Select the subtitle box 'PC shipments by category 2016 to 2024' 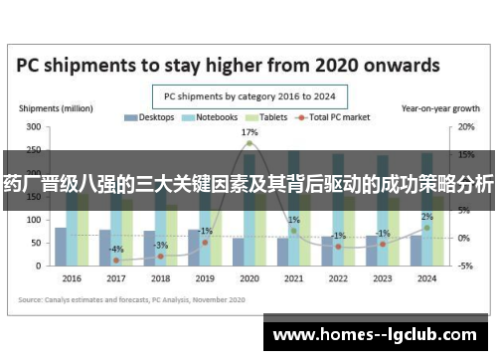tap(248, 96)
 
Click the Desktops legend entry tap(148, 117)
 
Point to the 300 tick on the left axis tap(34, 127)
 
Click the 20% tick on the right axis tap(465, 127)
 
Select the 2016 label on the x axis tap(72, 278)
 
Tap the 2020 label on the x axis tap(248, 278)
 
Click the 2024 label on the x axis tap(426, 278)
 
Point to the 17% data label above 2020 tap(249, 132)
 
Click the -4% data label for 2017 tap(116, 249)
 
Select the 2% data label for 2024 tap(426, 217)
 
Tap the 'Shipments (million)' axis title tap(48, 107)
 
